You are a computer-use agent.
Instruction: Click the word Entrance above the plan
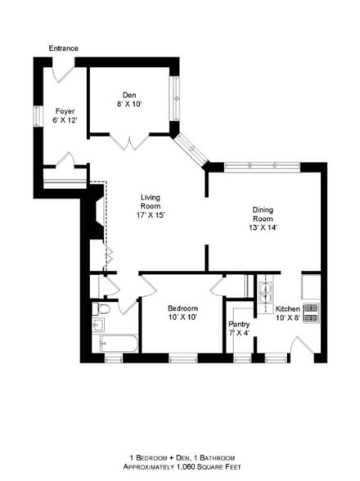(63, 48)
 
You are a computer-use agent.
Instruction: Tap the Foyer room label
(65, 110)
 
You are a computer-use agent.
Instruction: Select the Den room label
(129, 94)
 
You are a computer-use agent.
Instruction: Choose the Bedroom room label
(183, 308)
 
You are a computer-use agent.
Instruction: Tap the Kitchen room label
(287, 308)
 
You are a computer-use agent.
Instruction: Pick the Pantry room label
(239, 324)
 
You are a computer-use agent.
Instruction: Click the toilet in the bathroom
(100, 310)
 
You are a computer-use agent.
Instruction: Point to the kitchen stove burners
(310, 312)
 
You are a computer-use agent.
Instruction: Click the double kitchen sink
(266, 291)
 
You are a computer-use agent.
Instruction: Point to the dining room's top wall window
(262, 166)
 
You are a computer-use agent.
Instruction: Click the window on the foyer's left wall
(37, 115)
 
